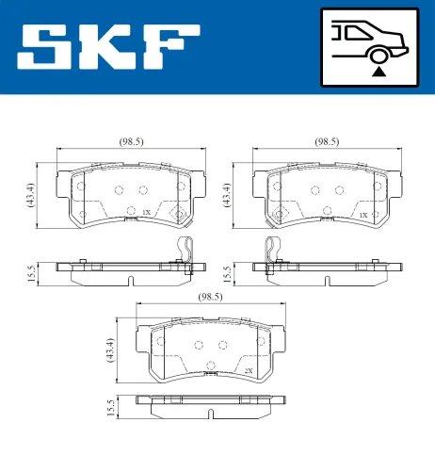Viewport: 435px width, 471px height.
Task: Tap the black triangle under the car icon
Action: point(378,71)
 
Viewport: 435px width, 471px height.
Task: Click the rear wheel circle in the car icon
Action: point(378,54)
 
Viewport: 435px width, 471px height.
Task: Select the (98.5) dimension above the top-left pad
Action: point(131,141)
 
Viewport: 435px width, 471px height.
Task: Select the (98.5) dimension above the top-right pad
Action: point(326,141)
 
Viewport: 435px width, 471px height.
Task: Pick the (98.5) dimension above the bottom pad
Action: point(210,297)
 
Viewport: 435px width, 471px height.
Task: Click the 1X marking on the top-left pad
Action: point(146,214)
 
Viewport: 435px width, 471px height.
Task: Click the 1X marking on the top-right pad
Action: point(362,215)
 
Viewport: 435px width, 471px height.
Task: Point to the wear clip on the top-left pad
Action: point(187,250)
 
